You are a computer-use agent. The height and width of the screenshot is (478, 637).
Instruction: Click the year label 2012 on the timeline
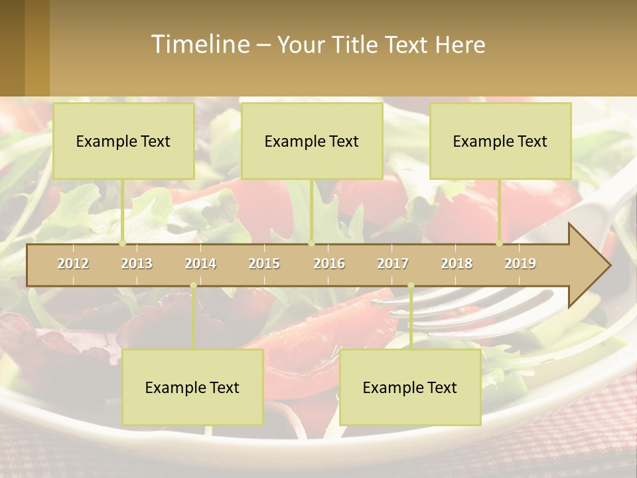(x=73, y=264)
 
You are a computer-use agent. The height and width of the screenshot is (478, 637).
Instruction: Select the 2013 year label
(x=137, y=264)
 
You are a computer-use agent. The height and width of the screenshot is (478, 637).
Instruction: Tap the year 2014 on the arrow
(x=200, y=264)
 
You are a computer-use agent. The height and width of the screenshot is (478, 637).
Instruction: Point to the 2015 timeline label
(x=264, y=264)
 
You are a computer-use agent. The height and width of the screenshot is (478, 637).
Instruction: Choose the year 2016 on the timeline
(x=329, y=264)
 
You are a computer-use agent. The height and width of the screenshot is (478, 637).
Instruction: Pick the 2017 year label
(x=393, y=264)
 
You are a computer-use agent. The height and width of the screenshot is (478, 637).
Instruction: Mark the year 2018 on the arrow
(x=457, y=264)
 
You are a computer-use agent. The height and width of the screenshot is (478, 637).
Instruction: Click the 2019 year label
(x=520, y=264)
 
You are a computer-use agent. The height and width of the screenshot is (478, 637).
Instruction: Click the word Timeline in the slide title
(x=200, y=44)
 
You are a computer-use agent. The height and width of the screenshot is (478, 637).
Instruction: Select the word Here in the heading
(x=460, y=44)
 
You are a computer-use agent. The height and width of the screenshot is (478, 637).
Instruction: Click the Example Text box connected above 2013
(x=123, y=141)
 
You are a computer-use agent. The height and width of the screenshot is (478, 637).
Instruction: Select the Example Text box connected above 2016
(x=312, y=141)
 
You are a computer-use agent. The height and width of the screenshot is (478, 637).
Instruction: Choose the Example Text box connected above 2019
(x=500, y=141)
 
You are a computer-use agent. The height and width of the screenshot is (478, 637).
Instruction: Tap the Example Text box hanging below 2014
(x=192, y=387)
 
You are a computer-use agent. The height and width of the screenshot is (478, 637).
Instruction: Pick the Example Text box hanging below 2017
(x=410, y=387)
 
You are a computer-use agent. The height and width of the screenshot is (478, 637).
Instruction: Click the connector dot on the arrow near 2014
(x=193, y=285)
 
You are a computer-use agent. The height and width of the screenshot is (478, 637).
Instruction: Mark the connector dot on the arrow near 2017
(x=411, y=285)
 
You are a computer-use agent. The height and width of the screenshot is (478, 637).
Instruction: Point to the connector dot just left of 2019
(x=500, y=244)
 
